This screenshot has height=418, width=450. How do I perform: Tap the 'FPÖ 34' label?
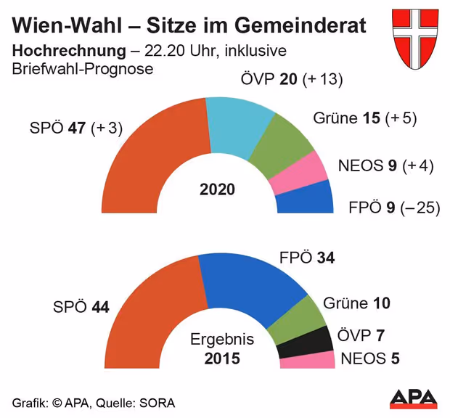(x=306, y=258)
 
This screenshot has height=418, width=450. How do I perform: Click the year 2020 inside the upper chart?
(x=217, y=190)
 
